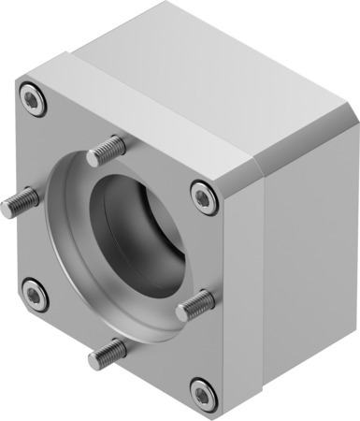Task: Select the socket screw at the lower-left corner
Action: [x=35, y=296]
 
